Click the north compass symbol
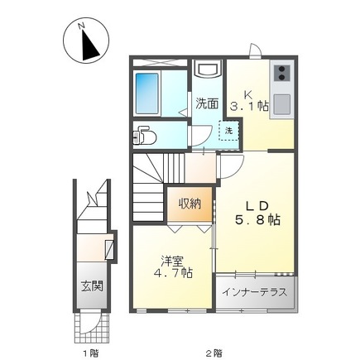coord(85,41)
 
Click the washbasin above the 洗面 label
coord(207,71)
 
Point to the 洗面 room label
coord(207,103)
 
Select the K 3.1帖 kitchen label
coord(249,99)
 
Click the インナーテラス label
coord(255,294)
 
